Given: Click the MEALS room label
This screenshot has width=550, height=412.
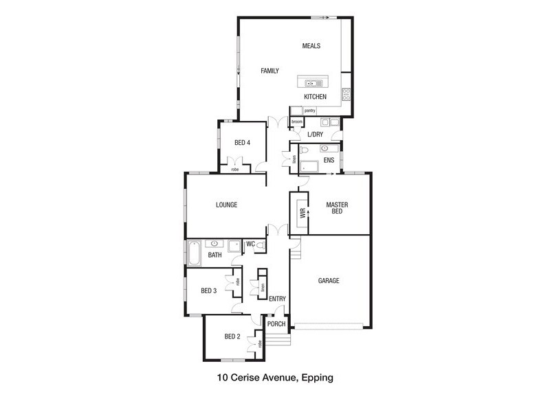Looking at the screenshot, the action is (x=311, y=46).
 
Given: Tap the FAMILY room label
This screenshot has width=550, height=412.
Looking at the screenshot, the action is (x=269, y=71).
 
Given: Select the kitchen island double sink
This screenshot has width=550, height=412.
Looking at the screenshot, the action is (x=313, y=83).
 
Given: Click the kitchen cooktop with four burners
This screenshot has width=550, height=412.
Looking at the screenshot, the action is (x=346, y=94).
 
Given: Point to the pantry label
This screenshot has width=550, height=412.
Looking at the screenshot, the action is (x=310, y=111).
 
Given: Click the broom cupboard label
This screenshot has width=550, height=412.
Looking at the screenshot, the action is (x=297, y=122).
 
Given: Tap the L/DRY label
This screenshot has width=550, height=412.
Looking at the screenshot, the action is (x=315, y=135).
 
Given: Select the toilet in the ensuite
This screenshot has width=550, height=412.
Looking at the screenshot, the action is (x=303, y=150).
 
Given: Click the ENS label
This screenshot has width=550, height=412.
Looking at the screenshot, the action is (x=329, y=161).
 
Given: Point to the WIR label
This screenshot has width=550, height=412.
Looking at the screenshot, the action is (x=302, y=213).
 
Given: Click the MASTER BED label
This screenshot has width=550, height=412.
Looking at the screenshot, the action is (x=337, y=208).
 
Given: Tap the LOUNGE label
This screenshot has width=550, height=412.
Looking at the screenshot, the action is (x=227, y=205).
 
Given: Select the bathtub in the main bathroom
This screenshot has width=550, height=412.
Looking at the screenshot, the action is (x=194, y=253).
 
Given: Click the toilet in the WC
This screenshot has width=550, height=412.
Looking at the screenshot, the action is (x=261, y=246).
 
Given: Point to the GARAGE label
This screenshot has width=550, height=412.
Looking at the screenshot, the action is (x=329, y=281).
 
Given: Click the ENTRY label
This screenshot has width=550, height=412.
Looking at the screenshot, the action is (x=278, y=299).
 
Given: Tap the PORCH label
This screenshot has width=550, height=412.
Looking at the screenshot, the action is (x=276, y=324).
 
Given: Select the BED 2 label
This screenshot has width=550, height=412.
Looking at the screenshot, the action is (x=232, y=336).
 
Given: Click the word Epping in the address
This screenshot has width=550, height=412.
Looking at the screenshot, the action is (x=318, y=378).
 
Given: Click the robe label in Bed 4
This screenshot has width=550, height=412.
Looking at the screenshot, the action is (x=235, y=170).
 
